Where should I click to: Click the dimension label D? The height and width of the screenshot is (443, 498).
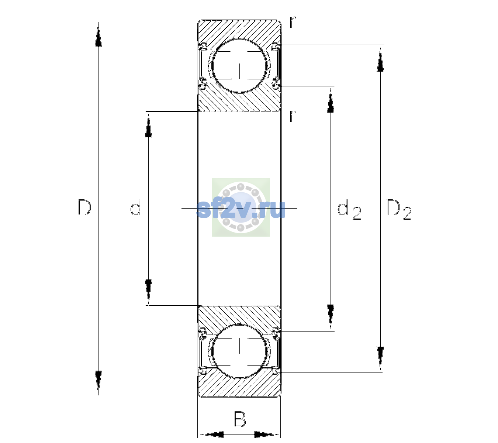[84, 207]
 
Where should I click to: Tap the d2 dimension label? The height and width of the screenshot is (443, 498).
[349, 209]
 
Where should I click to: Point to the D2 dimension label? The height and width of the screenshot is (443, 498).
[399, 209]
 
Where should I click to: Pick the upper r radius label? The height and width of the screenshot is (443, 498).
[293, 22]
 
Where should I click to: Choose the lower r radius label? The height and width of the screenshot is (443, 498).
[293, 116]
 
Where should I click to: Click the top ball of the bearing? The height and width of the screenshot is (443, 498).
[240, 66]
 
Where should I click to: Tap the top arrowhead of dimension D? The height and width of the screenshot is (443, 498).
[98, 34]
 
